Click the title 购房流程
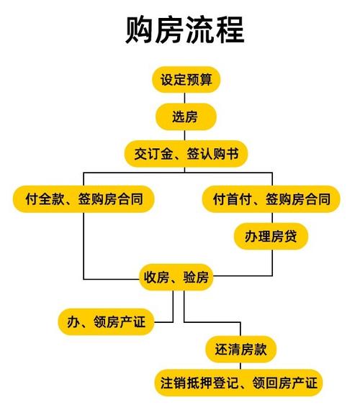coord(184,29)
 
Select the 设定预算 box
coord(186,79)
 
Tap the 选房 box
coord(186,117)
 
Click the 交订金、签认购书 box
coord(186,154)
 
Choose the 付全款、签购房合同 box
coord(84,199)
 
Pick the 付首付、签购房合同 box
coord(271,199)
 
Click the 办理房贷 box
coord(271,237)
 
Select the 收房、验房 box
coord(176,277)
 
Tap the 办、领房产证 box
coord(107,321)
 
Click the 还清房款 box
coord(240,350)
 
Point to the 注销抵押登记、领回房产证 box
coord(238,383)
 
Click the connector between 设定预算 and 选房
coord(184,98)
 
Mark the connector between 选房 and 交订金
coord(184,135)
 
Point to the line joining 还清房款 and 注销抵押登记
coord(240,366)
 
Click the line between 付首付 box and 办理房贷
coord(272,217)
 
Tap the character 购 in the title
coord(140,29)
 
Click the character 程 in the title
coord(230,29)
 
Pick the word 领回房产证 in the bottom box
coord(285,383)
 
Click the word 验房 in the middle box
coord(196,277)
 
